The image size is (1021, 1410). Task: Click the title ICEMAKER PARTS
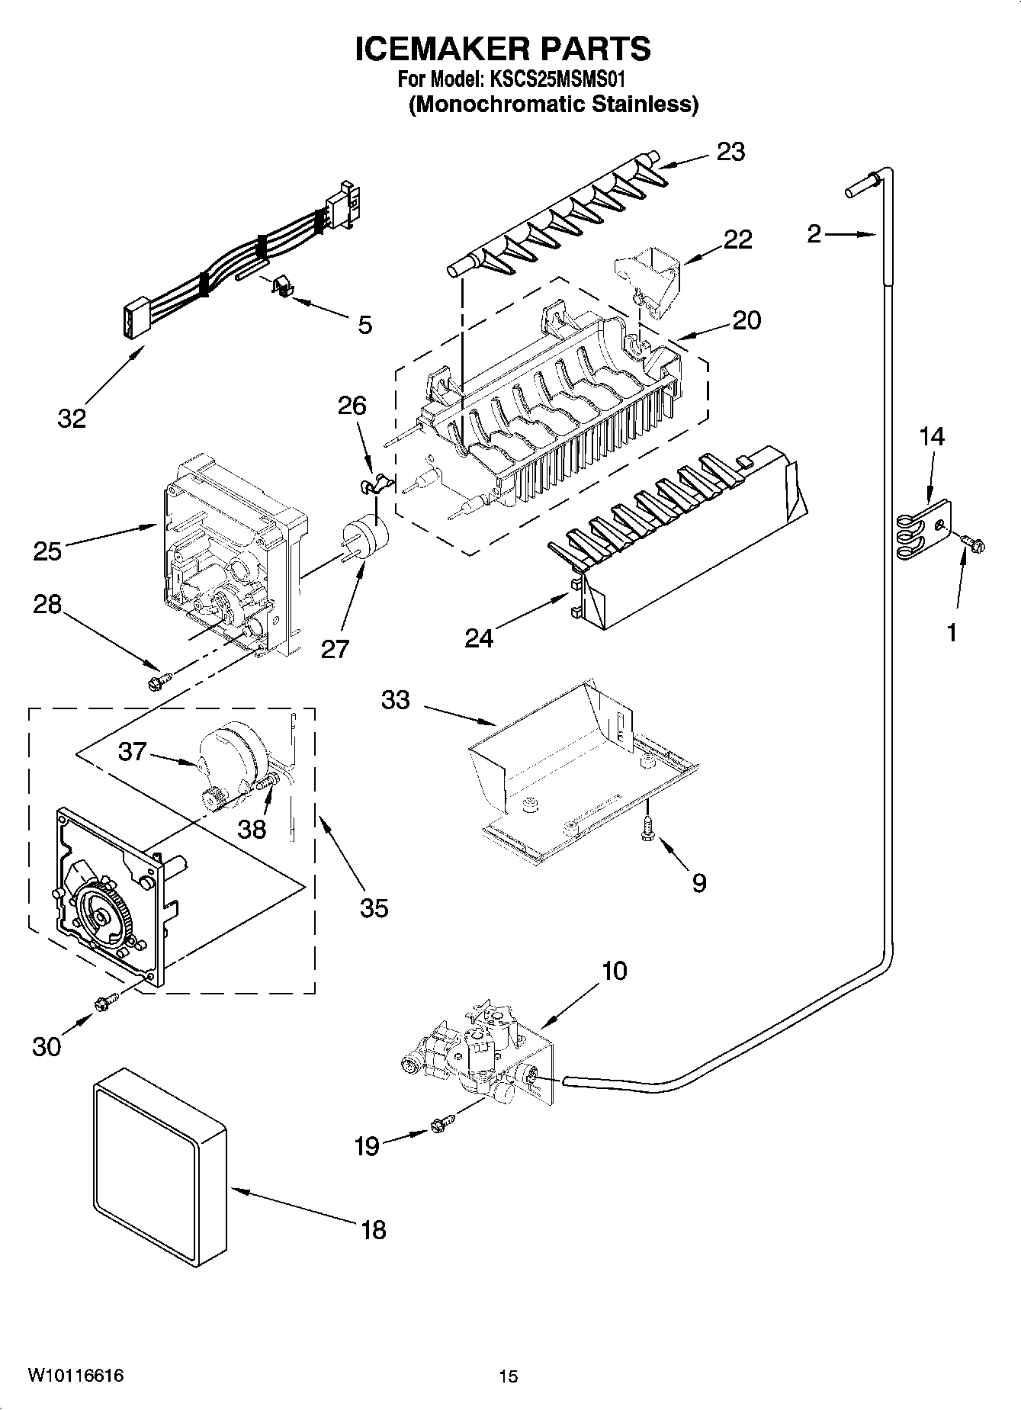click(x=503, y=49)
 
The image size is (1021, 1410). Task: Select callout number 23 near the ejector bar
click(x=730, y=152)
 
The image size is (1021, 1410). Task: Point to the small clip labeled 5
click(x=284, y=288)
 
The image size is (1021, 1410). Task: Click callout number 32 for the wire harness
click(x=72, y=418)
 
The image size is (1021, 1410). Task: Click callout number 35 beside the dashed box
click(x=374, y=907)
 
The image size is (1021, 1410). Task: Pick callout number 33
click(x=395, y=699)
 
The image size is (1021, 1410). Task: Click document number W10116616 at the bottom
click(x=76, y=1376)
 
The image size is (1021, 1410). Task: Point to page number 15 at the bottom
click(x=509, y=1376)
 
